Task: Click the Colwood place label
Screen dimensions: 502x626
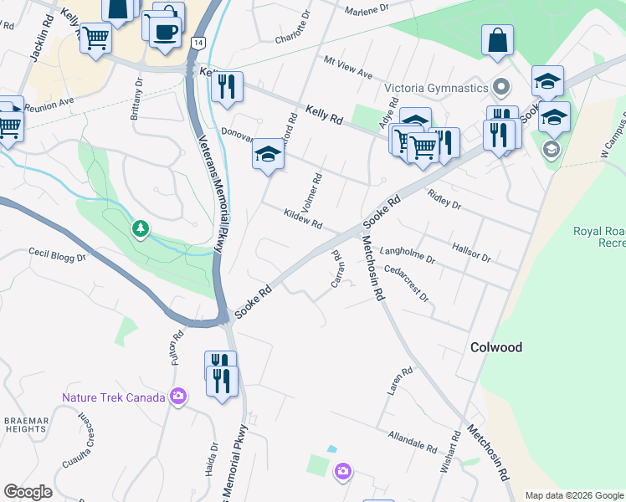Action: coord(495,347)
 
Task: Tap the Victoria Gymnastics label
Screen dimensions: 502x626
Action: coord(436,88)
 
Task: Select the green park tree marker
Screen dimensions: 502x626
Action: coord(141,228)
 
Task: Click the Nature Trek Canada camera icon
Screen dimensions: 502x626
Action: coord(177,397)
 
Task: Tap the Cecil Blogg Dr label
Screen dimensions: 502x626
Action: coord(58,254)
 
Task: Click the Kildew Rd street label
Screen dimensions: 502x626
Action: coord(303,219)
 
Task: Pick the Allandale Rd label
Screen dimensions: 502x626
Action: coord(413,441)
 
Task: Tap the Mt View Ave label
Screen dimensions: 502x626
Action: coord(348,69)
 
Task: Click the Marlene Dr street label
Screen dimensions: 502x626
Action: coord(367,7)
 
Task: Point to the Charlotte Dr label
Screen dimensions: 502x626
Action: coord(294,27)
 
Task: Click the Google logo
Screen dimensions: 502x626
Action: coord(28,492)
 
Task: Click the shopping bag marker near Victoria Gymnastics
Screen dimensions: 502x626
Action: coord(497,40)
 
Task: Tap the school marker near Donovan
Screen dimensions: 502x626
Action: coord(268,154)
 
